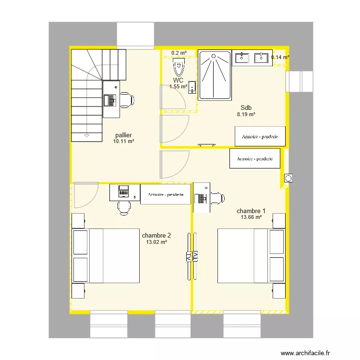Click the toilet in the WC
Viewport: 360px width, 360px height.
coord(179,67)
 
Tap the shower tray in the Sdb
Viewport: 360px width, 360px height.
coord(215,75)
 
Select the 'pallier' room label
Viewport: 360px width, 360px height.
coord(123,135)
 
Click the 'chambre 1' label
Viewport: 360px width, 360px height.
coord(251,211)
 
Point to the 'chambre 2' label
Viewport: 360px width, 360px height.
coord(156,235)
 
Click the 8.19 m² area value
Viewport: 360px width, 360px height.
coord(246,114)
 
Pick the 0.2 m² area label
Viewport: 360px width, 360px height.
coord(179,53)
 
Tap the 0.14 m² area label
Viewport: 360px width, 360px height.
coord(280,57)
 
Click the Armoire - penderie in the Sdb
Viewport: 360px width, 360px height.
coord(260,136)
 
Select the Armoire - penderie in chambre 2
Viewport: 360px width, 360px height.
coord(166,194)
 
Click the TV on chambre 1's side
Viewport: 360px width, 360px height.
coord(195,256)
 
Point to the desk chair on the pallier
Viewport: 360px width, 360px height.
coord(127,100)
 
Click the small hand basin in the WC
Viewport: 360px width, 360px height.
coord(192,87)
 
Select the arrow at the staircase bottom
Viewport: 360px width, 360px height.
coord(86,136)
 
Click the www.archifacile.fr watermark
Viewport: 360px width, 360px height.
coord(305,353)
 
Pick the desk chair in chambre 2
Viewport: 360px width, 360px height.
coord(124,208)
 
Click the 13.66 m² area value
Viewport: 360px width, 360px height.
coord(251,217)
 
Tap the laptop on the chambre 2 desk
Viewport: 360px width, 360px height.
coord(123,191)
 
